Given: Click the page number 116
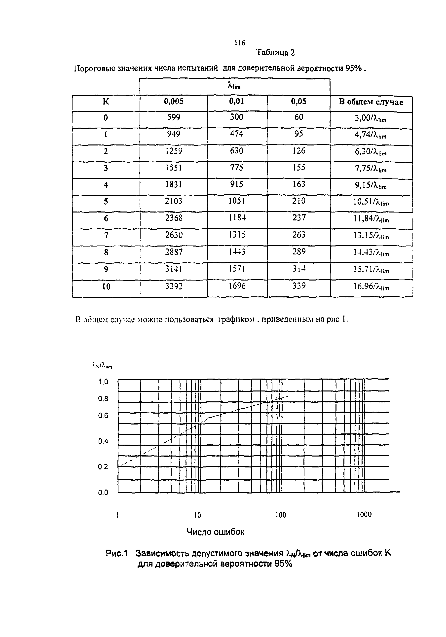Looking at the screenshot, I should [239, 43].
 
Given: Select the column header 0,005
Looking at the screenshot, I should [174, 102].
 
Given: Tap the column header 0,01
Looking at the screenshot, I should [236, 102].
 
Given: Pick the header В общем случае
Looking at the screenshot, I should [371, 102].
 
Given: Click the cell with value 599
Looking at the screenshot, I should [174, 117].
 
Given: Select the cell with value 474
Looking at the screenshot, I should [236, 134].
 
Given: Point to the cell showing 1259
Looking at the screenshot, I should [174, 151].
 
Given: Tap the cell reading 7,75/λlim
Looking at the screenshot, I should [371, 169].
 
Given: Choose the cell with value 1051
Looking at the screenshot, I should [236, 201].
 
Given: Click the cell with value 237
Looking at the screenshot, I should [299, 218].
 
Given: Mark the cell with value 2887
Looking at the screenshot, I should [174, 252].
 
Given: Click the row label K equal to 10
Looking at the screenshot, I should [106, 286].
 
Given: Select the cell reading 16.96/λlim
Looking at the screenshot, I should [371, 286].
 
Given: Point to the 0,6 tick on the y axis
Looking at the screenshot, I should [103, 416].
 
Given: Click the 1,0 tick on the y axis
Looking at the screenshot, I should [103, 382].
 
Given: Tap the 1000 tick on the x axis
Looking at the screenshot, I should [364, 515].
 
